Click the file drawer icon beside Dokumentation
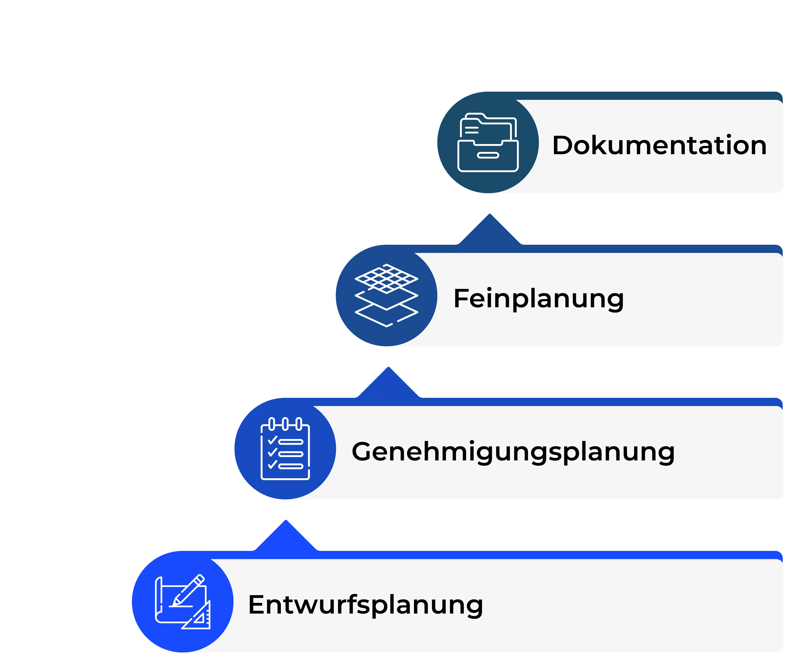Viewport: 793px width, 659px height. tap(488, 143)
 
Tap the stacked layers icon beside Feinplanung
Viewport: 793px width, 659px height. tap(386, 295)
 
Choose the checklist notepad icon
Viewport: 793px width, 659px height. tap(285, 449)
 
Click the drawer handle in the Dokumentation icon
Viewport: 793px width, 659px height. tap(488, 155)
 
